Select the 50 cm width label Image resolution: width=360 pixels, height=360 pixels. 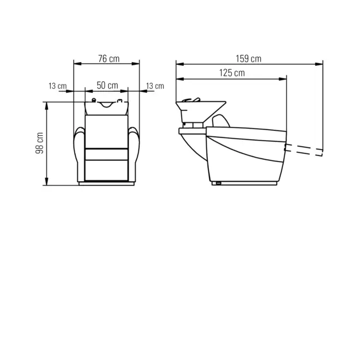click(107, 85)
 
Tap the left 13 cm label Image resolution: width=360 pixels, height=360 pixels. click(57, 86)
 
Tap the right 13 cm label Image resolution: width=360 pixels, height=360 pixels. click(155, 86)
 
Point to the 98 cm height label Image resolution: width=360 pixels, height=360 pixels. click(39, 143)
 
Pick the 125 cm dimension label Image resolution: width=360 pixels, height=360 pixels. click(232, 73)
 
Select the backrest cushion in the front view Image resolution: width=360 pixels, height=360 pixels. click(106, 131)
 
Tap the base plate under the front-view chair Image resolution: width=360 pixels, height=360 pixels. click(106, 183)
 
